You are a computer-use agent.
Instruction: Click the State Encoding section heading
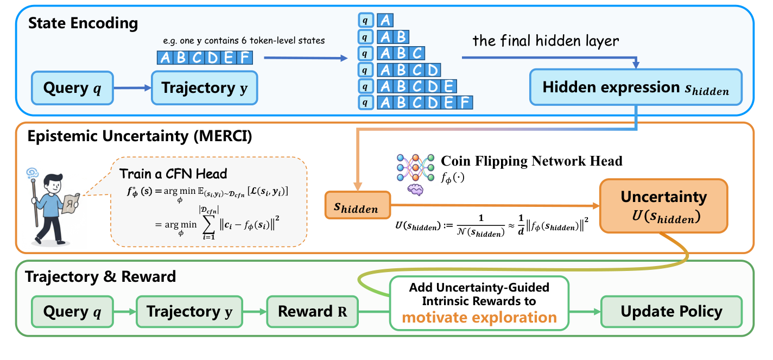coord(83,23)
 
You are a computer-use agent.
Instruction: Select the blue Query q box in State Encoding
coord(72,87)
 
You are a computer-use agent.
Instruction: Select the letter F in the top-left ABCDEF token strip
coord(245,57)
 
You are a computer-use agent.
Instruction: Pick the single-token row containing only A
coord(385,21)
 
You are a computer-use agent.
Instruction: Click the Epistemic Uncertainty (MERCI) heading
coord(140,136)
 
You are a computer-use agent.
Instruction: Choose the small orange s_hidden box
coord(357,205)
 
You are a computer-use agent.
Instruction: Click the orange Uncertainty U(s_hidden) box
coord(663,205)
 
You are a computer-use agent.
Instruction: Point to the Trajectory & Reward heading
coord(101,276)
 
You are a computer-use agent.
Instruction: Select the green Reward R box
coord(312,312)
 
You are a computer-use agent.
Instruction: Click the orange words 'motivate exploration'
coord(479,317)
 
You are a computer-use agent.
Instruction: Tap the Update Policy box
coord(671,312)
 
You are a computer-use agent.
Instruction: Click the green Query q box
coord(72,312)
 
